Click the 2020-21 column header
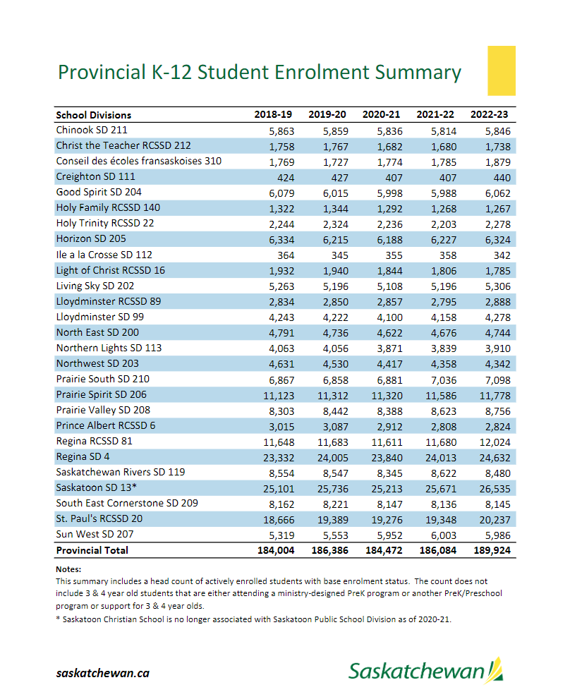(381, 114)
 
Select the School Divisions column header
(93, 114)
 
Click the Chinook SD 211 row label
(92, 130)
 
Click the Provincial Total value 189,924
(490, 550)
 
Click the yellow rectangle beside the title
(502, 71)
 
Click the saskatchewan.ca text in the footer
(103, 673)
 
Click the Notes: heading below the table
(68, 569)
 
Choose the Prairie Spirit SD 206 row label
(101, 395)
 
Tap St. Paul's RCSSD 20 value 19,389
(332, 519)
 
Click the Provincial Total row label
(92, 550)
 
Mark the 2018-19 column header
(273, 114)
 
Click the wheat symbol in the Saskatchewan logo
(496, 669)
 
